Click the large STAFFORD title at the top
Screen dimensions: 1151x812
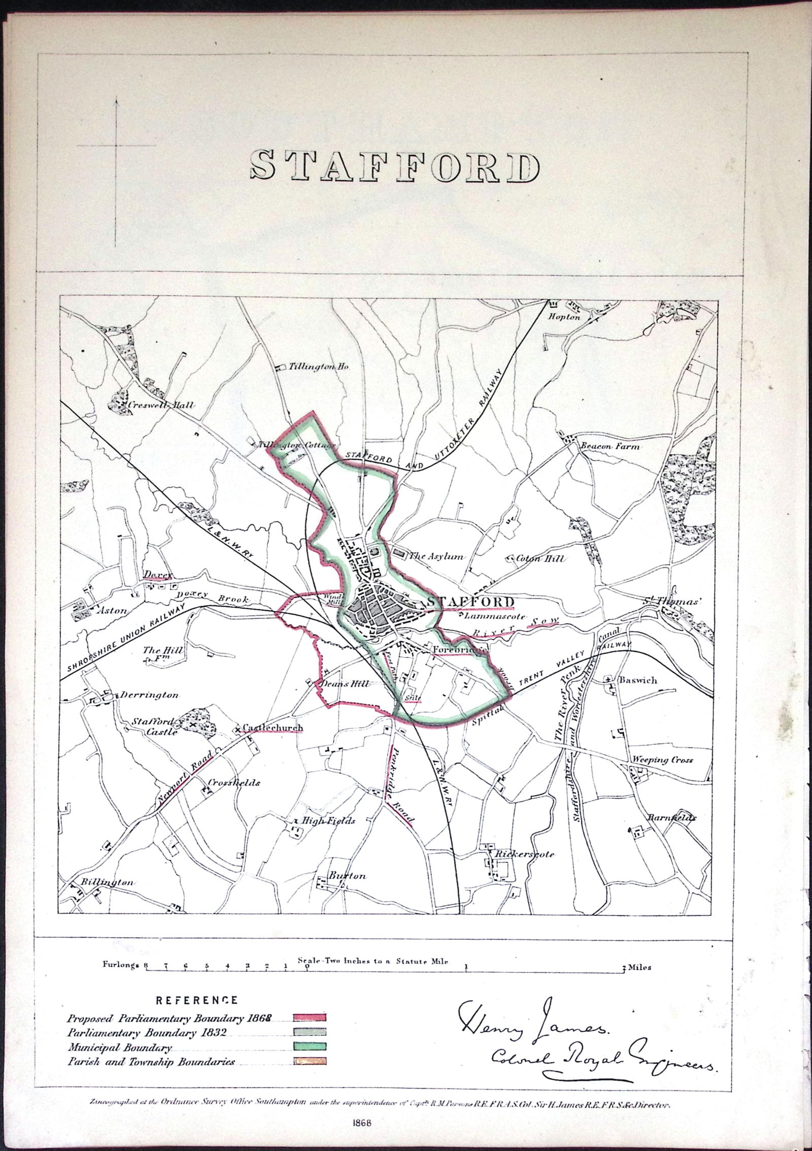pos(395,167)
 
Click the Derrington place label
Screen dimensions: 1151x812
pos(149,695)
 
